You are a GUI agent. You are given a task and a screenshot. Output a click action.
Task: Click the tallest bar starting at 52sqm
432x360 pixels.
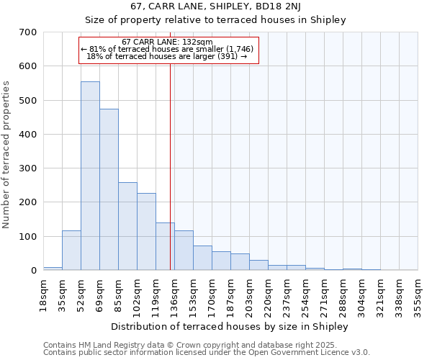pos(90,176)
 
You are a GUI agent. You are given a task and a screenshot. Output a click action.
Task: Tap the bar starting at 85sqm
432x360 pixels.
pos(127,227)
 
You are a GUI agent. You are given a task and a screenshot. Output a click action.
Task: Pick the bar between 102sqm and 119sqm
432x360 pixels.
pos(146,232)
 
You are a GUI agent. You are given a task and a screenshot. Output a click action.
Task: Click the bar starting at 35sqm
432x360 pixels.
pos(71,251)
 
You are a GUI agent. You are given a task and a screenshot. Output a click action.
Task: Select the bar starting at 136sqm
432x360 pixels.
pos(184,251)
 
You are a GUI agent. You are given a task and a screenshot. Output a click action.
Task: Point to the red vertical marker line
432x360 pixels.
pos(171,158)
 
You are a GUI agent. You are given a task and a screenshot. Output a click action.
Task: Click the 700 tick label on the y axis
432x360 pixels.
pos(28,32)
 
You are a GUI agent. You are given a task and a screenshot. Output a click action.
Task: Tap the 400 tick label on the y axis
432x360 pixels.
pos(28,135)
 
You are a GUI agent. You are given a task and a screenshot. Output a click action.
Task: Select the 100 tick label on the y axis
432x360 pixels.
pos(28,237)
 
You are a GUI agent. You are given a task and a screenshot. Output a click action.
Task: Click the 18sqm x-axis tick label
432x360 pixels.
pos(43,294)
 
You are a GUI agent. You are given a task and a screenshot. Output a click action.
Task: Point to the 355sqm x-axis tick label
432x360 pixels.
pos(418,294)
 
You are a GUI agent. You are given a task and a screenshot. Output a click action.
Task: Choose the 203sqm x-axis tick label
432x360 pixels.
pos(249,294)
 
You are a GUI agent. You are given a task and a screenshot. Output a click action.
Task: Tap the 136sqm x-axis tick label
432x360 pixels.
pos(174,294)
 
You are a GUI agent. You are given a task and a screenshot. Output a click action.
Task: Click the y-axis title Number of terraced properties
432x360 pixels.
pos(7,155)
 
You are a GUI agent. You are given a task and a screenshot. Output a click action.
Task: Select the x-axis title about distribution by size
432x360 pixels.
pos(230,326)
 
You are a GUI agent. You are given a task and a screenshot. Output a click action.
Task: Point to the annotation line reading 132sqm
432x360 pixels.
pos(167,42)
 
